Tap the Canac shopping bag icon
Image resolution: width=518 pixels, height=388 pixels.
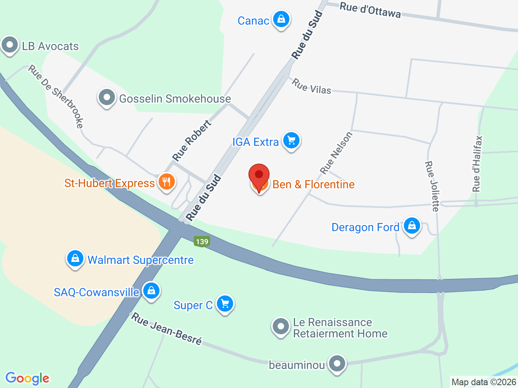point(281,19)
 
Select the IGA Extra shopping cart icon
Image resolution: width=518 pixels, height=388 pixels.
point(291,141)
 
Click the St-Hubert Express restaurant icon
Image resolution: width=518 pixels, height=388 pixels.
point(166,181)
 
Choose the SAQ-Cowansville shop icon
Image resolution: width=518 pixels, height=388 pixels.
point(151,291)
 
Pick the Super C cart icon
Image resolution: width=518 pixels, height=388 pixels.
point(225,304)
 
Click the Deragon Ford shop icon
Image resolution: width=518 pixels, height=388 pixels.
point(412,226)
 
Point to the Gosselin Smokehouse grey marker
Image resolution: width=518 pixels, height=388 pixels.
point(107,97)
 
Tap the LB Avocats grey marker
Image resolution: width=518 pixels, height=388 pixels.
point(10,45)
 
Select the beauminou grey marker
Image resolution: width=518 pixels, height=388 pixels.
point(337,364)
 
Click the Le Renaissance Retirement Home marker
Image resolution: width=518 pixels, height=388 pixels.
point(280,327)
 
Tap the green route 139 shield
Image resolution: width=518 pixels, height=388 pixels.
point(202,242)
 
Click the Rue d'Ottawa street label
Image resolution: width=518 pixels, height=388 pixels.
point(370,10)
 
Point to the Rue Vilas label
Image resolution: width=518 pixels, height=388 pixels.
point(312,86)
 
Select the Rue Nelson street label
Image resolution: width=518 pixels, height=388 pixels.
point(336,153)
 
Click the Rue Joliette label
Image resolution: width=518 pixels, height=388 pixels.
point(432,186)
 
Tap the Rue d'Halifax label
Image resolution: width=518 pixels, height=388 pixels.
point(478,164)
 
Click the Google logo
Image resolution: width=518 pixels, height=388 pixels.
point(27,379)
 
